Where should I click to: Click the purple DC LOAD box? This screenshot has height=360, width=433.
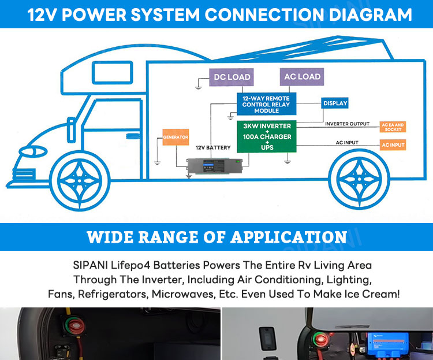click(x=232, y=77)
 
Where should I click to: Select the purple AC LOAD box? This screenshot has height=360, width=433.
click(x=301, y=77)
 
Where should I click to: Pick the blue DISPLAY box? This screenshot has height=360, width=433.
click(x=335, y=103)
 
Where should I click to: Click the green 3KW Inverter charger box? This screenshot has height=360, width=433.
click(x=267, y=137)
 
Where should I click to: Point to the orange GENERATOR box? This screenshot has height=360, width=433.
click(x=176, y=137)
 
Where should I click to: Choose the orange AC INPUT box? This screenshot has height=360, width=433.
click(x=393, y=145)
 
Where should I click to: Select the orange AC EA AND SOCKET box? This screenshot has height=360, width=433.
click(x=393, y=127)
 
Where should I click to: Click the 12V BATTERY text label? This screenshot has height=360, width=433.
click(x=213, y=148)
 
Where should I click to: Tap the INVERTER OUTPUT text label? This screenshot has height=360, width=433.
click(x=347, y=124)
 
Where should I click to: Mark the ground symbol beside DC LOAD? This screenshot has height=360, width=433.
click(x=198, y=87)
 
